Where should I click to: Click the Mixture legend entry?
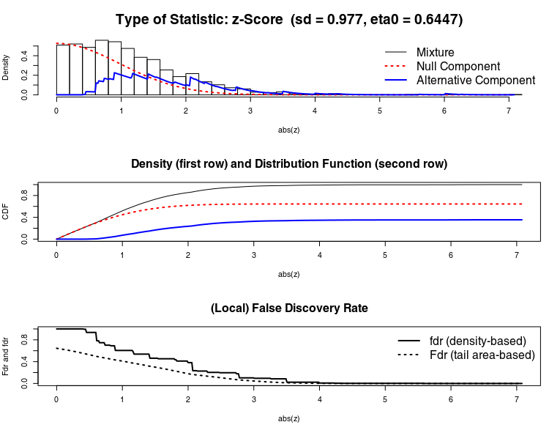tap(435, 52)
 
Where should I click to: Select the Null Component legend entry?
tap(452, 66)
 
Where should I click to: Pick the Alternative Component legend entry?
tap(475, 80)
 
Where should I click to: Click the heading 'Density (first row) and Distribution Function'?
tap(288, 163)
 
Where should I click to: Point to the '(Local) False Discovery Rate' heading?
tap(288, 308)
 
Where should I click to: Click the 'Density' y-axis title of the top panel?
tap(7, 69)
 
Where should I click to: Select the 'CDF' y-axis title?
tap(7, 212)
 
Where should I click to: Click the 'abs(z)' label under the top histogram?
tap(288, 129)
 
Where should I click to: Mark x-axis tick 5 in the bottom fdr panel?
tap(385, 399)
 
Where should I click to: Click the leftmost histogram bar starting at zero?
tap(63, 70)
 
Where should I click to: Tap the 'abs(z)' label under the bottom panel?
tap(288, 419)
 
